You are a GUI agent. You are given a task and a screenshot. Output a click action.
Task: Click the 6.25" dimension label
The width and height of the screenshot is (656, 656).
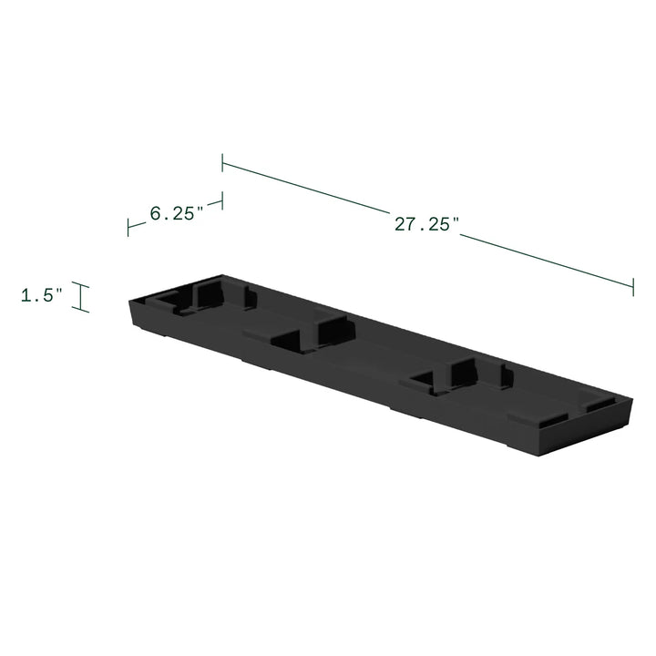(175, 214)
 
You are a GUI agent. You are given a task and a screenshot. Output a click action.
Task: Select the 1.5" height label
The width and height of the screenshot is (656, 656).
(42, 295)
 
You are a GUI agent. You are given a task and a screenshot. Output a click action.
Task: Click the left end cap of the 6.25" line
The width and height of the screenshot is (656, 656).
(128, 229)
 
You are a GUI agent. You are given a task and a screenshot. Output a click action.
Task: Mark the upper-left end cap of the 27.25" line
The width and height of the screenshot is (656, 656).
(222, 163)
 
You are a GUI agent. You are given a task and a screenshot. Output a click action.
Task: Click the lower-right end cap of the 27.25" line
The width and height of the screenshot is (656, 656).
(633, 286)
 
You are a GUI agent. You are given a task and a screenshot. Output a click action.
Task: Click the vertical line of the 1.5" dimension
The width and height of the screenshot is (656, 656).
(83, 298)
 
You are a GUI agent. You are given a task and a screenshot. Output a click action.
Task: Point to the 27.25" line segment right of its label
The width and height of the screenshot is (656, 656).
(547, 261)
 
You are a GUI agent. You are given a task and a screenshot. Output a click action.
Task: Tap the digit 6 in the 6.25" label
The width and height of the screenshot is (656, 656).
(155, 215)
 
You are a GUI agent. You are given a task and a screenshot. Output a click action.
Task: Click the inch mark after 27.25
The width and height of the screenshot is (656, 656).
(456, 220)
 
